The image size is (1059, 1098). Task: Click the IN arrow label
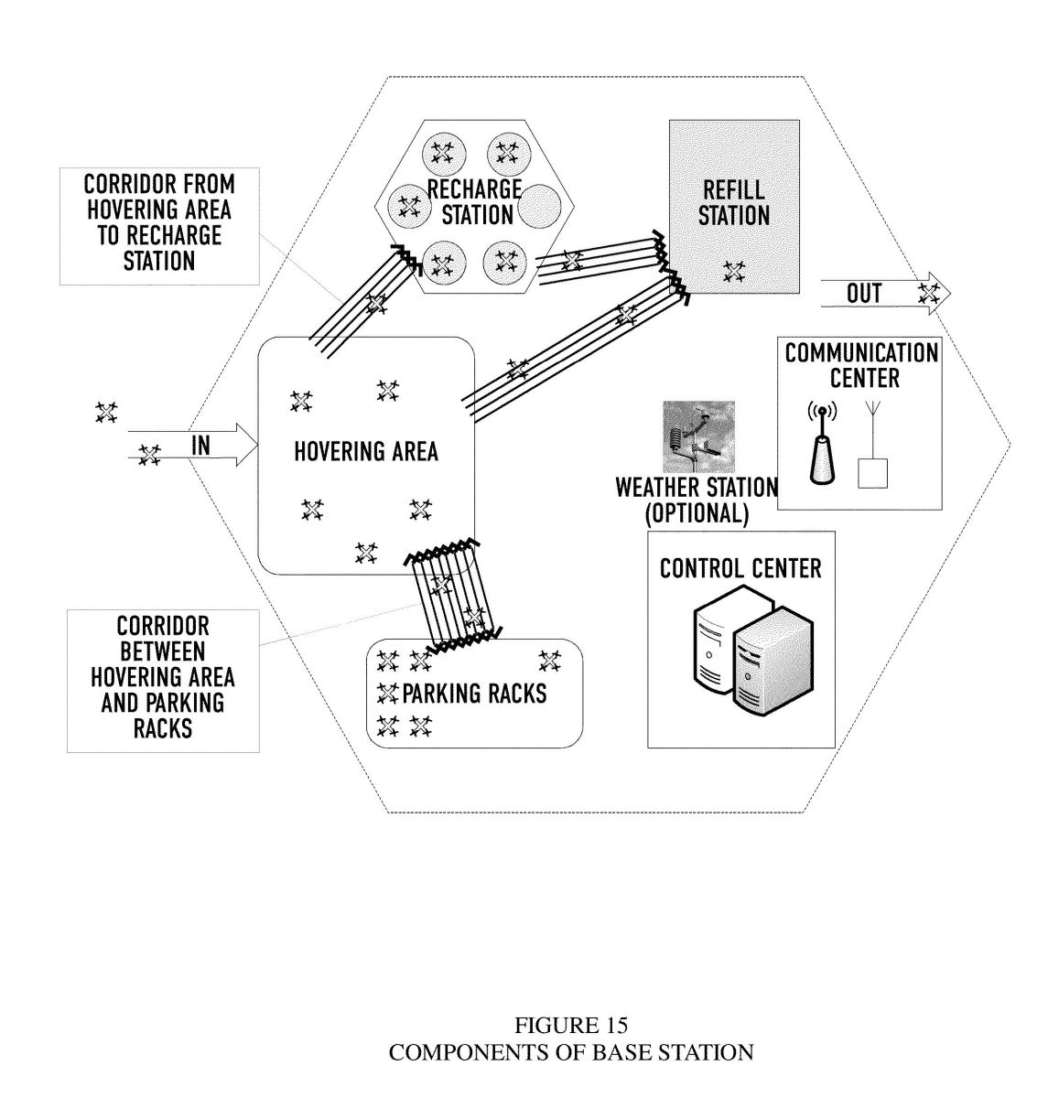201,446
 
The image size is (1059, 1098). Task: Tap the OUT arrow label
864,294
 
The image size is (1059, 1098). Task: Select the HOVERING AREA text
366,451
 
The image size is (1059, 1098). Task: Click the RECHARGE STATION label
475,202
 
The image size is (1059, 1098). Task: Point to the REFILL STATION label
734,202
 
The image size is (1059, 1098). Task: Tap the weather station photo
698,436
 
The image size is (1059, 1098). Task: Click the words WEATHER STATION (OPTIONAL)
697,501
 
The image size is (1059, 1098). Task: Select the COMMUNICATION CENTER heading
861,365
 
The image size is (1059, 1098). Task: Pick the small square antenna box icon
872,473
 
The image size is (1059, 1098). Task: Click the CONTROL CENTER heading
740,568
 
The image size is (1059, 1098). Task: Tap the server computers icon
753,651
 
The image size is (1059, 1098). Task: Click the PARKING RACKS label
474,694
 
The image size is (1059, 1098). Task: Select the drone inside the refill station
734,272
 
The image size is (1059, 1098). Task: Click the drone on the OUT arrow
929,294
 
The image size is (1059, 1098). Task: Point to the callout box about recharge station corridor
160,226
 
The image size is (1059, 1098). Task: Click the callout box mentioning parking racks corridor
163,681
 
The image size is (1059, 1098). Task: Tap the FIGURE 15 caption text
571,1025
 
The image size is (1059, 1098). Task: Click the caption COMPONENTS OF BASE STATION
571,1053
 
